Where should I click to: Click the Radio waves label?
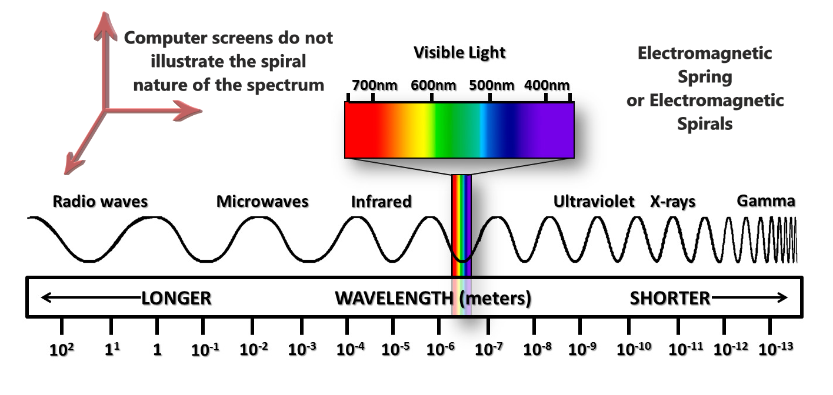coord(100,202)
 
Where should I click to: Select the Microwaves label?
coord(262,202)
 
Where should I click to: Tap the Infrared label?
coord(381,202)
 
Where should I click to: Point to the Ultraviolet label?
coord(594,202)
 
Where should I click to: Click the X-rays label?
coord(672,202)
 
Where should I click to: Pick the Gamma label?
coord(766,201)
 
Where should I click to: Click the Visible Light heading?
coord(459,52)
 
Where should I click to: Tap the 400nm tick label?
coord(547,85)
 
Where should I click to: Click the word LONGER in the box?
coord(176,298)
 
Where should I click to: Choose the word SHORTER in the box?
coord(670,298)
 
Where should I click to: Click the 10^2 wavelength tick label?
coord(61,349)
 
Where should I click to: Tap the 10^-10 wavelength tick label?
coord(634,349)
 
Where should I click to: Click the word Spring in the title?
coord(704,76)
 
